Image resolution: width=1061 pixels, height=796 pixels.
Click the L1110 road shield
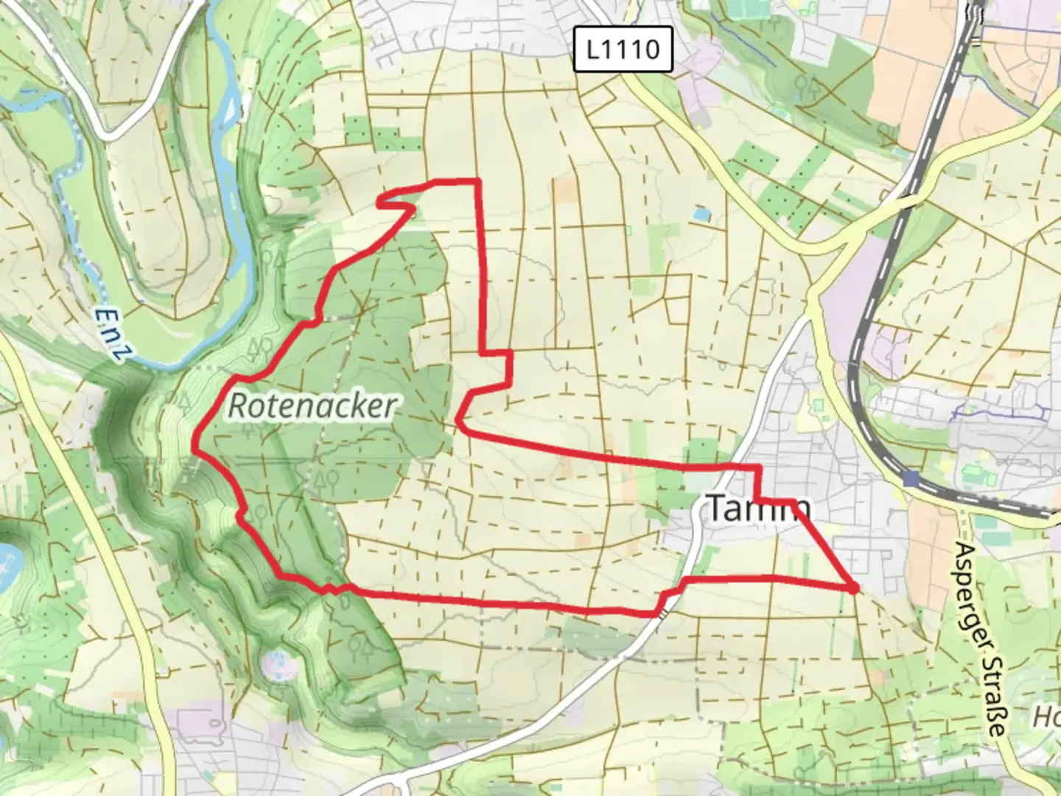(623, 50)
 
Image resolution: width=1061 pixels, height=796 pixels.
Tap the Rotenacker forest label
(313, 406)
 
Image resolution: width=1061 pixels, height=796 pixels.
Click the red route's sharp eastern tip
(854, 588)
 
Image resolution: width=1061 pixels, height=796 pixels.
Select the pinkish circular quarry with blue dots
(276, 663)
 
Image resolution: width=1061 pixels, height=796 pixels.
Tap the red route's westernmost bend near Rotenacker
(195, 445)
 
